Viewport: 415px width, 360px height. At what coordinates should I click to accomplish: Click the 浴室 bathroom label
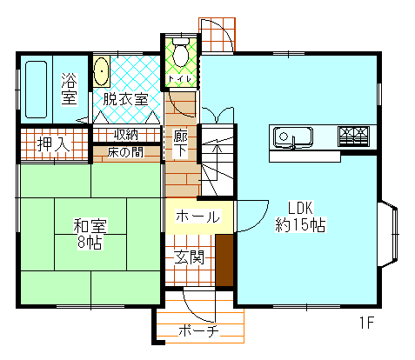pyautogui.click(x=69, y=89)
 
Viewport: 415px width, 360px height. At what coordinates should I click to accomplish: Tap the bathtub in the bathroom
pyautogui.click(x=36, y=88)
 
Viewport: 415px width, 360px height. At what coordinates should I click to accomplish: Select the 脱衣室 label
pyautogui.click(x=124, y=99)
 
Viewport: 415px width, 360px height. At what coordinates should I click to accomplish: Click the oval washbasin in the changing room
pyautogui.click(x=101, y=71)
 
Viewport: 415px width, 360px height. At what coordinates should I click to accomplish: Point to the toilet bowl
pyautogui.click(x=181, y=55)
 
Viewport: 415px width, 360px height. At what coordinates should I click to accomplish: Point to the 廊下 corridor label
pyautogui.click(x=180, y=143)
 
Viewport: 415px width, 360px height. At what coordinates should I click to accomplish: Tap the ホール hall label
pyautogui.click(x=197, y=217)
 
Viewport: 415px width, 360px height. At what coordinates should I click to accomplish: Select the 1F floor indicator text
pyautogui.click(x=366, y=324)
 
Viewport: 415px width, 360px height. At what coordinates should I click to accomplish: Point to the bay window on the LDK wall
pyautogui.click(x=389, y=235)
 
